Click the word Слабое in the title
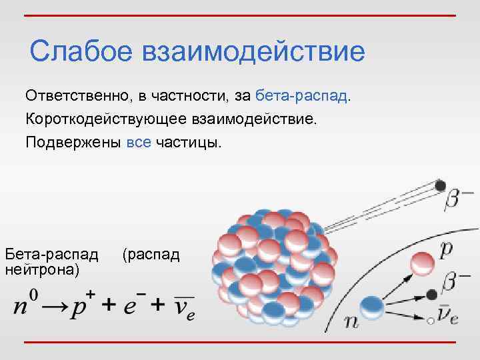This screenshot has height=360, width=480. coord(79,51)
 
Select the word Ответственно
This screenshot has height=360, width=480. coord(77,96)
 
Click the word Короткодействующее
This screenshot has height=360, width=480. coord(106,120)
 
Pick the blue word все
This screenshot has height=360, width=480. coord(138,143)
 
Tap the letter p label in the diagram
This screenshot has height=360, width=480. coord(447,249)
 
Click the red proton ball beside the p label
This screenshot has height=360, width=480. coord(421,263)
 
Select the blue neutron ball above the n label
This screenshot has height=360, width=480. coord(371,307)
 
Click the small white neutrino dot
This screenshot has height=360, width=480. coord(431,321)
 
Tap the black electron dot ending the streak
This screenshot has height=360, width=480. coord(439,186)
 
